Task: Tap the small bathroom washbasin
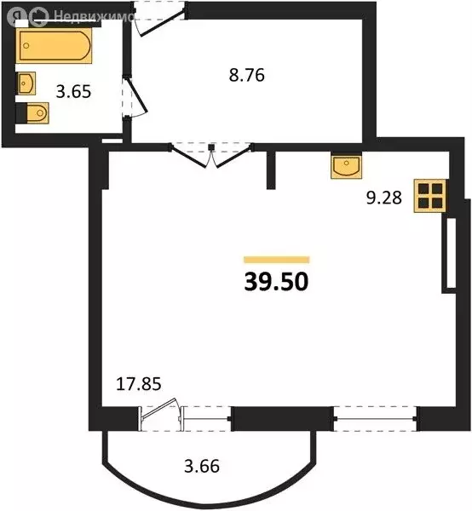pos(26,83)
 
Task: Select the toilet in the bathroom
pos(34,113)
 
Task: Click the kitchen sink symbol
pos(348,167)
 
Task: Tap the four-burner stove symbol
pos(429,197)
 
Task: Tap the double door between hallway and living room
pos(211,155)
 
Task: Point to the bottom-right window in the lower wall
pos(375,418)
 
